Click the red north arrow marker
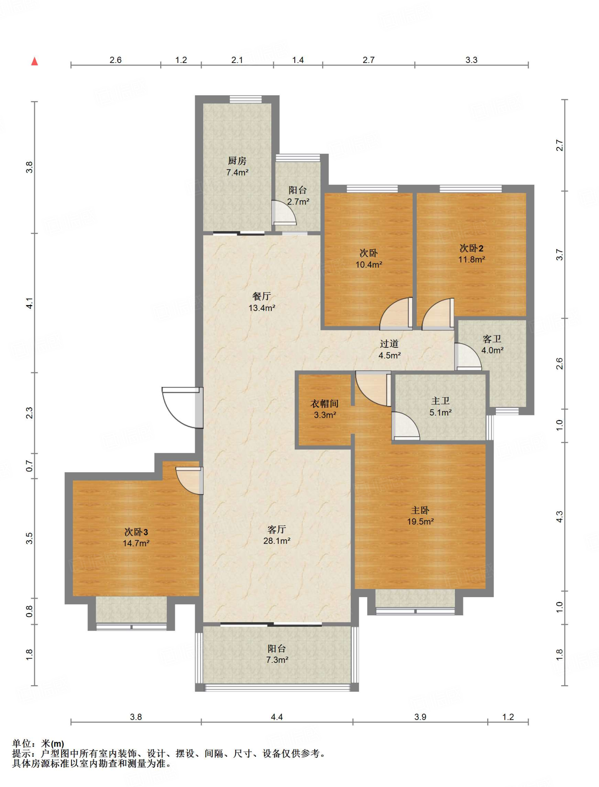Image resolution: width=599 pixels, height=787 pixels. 35,61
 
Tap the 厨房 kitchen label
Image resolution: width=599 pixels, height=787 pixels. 237,161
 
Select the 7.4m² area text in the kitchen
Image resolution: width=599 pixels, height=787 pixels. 237,173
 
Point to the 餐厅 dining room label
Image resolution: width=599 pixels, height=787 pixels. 262,296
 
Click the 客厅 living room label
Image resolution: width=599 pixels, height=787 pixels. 277,530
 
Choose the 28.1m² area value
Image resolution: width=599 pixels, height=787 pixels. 277,541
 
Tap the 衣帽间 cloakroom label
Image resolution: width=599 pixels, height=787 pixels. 325,403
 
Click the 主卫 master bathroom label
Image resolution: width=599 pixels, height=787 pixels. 440,401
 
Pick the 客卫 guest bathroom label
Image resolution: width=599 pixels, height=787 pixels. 492,339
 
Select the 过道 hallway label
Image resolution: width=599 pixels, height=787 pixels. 389,344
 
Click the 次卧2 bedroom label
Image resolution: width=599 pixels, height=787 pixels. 471,248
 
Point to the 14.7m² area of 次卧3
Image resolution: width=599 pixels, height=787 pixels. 136,543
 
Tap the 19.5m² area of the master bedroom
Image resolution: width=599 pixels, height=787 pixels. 420,521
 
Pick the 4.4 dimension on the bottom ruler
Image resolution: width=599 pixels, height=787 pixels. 277,717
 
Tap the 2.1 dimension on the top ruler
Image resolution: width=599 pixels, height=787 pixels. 237,60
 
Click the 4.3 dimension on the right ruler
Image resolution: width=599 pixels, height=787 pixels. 559,517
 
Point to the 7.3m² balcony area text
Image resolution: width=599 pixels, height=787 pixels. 277,660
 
